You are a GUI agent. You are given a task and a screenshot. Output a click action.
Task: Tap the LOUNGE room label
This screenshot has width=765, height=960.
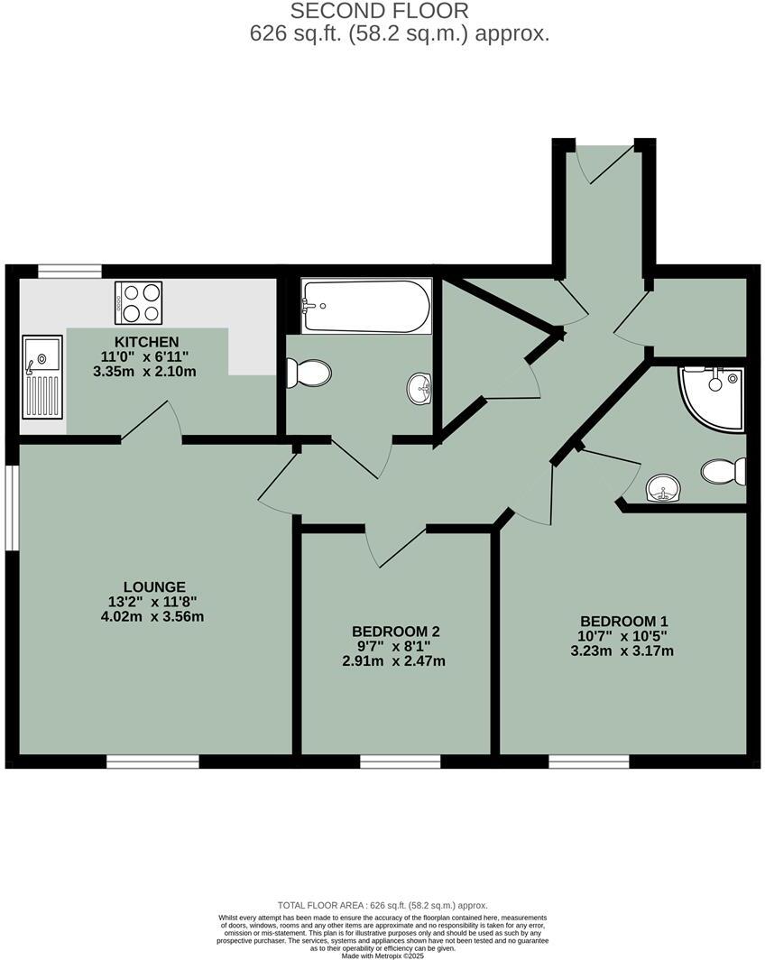(155, 586)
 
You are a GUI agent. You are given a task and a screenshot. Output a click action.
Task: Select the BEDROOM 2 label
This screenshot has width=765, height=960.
(396, 631)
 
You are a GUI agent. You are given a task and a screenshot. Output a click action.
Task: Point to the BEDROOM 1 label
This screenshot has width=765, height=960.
(623, 621)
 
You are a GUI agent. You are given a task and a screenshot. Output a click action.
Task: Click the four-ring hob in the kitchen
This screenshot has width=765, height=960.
(138, 302)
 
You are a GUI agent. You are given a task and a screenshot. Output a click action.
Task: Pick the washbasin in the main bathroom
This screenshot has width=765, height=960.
(419, 390)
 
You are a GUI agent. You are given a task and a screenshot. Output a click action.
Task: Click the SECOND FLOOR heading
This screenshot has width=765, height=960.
(379, 12)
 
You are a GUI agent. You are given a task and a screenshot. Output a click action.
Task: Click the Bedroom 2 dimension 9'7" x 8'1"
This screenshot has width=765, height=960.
(396, 646)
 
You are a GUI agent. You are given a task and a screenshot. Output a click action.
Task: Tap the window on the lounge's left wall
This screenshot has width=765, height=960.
(12, 507)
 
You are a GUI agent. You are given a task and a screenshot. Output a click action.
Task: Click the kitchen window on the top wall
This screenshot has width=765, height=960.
(69, 271)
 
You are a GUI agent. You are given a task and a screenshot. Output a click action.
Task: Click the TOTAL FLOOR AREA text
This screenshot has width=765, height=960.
(382, 905)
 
